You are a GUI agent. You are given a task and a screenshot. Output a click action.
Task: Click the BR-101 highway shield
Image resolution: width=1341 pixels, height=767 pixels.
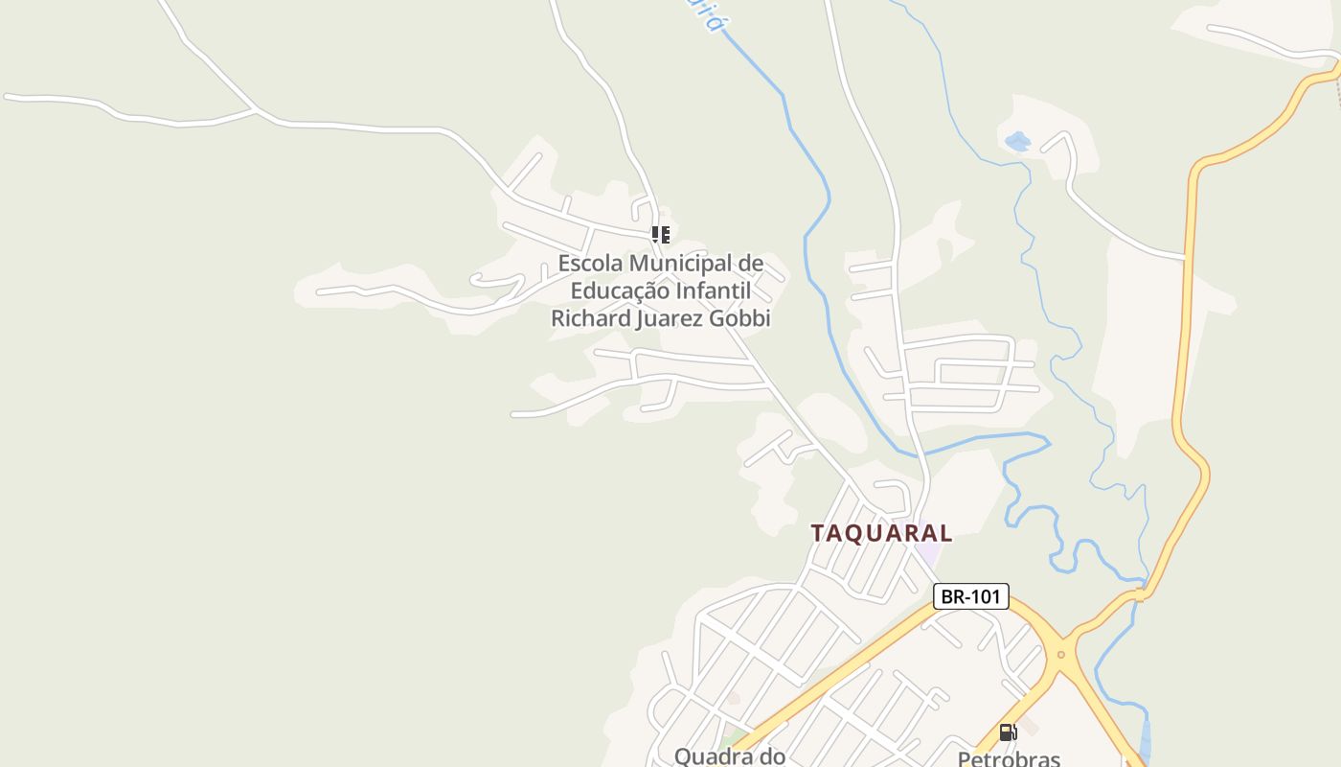pos(970,596)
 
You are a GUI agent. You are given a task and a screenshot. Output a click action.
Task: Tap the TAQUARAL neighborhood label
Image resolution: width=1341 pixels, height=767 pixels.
pos(881,533)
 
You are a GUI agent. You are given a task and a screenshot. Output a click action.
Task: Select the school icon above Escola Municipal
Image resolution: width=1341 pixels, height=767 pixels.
pos(660,234)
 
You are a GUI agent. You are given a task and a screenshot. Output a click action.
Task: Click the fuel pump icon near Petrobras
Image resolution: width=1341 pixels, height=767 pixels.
pos(1008,732)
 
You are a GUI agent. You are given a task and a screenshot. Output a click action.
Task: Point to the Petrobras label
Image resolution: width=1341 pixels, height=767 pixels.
pos(1009,758)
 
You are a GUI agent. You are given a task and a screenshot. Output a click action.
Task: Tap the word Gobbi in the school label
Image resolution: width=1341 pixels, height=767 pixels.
pos(739,318)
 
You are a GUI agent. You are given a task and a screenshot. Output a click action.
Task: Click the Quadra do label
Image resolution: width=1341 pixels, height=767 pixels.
pos(730,756)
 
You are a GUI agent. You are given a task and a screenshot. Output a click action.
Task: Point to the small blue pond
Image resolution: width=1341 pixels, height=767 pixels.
pos(1016,142)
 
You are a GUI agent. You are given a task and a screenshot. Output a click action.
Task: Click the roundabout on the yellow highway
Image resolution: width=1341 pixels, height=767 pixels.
pos(1060,655)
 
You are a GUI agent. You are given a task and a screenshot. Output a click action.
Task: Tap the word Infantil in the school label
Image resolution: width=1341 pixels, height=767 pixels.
pos(713,291)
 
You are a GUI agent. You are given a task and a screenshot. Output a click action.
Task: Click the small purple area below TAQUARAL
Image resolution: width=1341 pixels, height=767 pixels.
pos(927,554)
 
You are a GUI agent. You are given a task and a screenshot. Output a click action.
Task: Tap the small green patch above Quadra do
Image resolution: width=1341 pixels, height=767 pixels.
pos(736,738)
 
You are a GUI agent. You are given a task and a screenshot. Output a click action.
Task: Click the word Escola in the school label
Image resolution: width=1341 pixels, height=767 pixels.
pos(590,263)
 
